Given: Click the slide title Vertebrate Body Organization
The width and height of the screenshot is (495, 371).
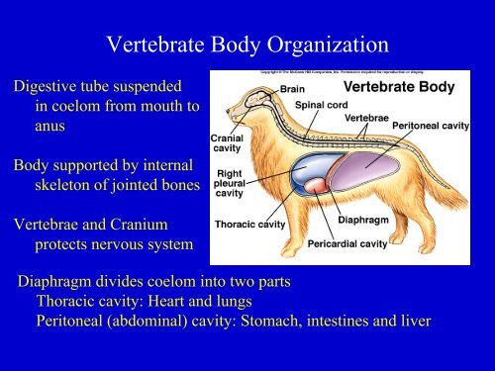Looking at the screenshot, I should pyautogui.click(x=247, y=46).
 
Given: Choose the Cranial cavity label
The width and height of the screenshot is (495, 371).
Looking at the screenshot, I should pyautogui.click(x=228, y=142).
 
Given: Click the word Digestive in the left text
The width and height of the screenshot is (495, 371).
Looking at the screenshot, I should pyautogui.click(x=44, y=86).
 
